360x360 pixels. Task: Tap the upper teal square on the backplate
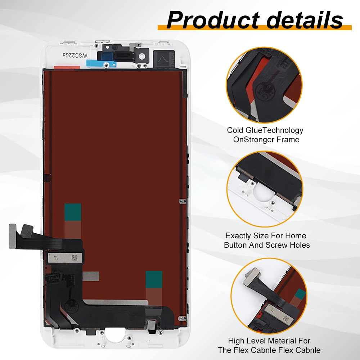click(72, 212)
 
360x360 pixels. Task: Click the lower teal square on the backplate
click(154, 279)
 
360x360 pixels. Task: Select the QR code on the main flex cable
click(75, 258)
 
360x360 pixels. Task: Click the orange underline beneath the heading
click(255, 28)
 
